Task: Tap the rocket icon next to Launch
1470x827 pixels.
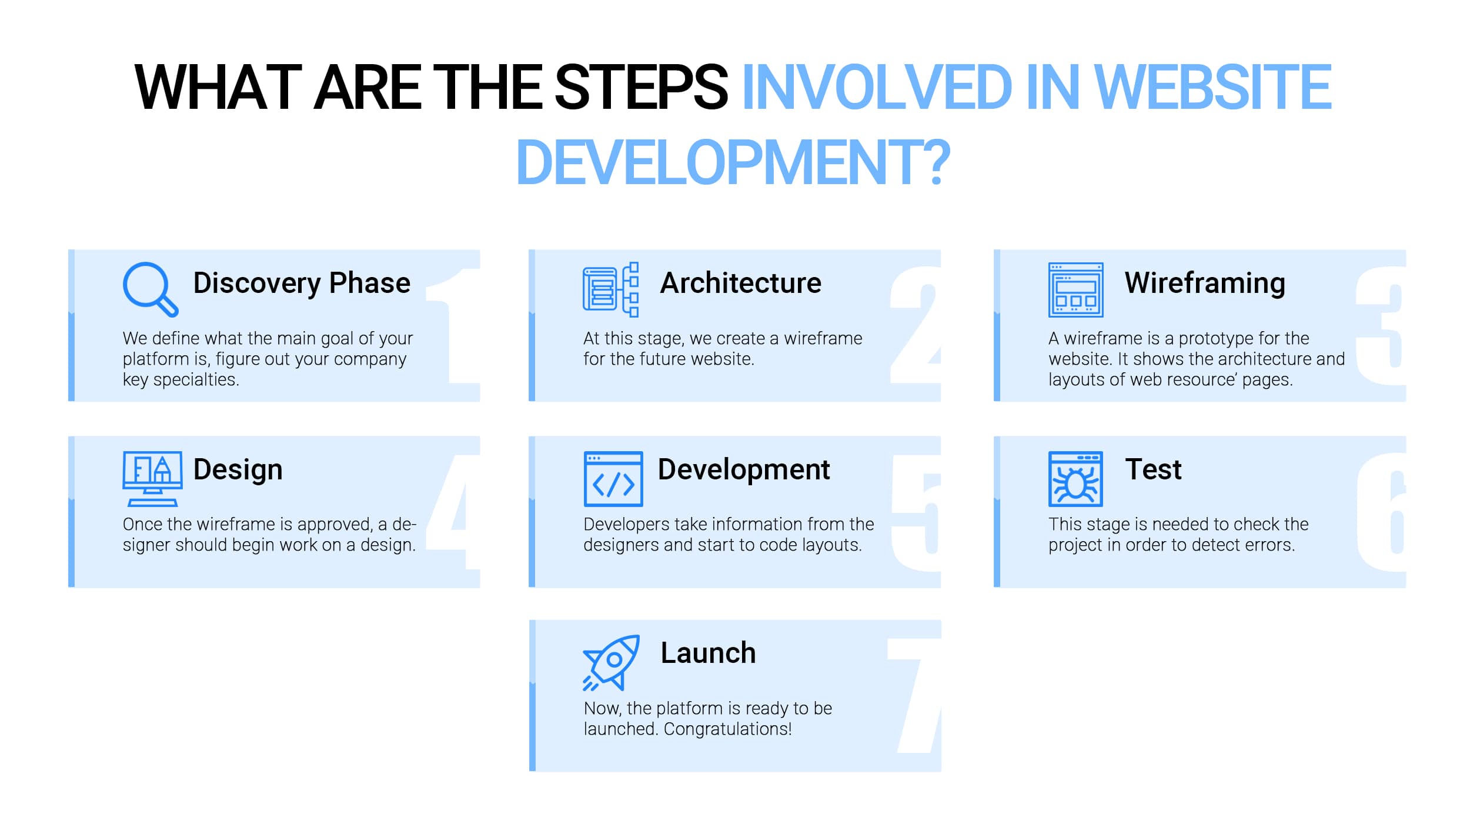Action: [x=612, y=662]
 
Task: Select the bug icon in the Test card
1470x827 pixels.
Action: [x=1075, y=479]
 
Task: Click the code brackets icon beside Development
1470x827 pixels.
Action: [x=613, y=479]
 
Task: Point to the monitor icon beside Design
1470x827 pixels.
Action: [x=152, y=479]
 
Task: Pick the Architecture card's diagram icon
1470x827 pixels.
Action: [x=610, y=289]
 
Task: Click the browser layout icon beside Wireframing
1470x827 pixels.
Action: [x=1075, y=289]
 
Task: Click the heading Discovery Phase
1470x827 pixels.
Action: [x=302, y=283]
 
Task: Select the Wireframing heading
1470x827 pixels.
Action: [x=1205, y=283]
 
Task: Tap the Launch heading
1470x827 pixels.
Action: [x=708, y=653]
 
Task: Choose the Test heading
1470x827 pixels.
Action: [x=1153, y=469]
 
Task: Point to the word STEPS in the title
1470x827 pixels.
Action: [x=641, y=87]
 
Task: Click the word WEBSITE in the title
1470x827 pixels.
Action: [x=1212, y=87]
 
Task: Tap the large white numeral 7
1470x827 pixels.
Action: [x=914, y=696]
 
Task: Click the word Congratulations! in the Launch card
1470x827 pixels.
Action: [x=727, y=729]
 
